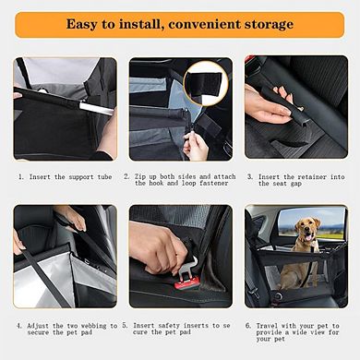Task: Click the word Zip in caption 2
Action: coord(147,175)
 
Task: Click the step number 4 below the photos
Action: coord(18,325)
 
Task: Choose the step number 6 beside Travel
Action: coord(248,325)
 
